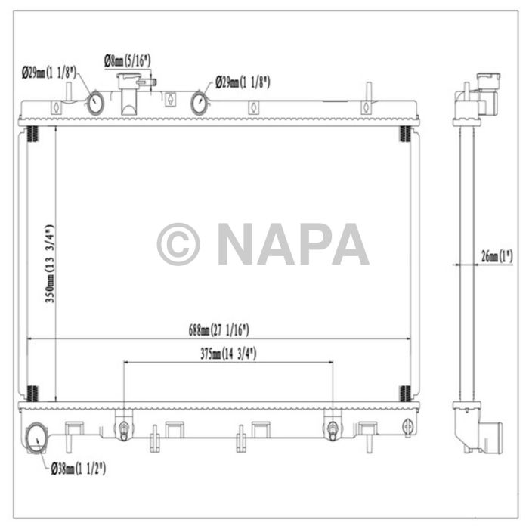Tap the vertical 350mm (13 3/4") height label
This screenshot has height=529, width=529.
tap(48, 264)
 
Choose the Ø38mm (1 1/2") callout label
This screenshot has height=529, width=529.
tap(79, 469)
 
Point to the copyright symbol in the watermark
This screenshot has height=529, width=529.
tap(178, 244)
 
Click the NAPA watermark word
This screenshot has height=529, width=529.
tap(293, 244)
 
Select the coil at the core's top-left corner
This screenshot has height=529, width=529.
tap(32, 135)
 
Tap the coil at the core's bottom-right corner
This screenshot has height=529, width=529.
tap(405, 393)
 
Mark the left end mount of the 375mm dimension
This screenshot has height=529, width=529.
tap(122, 428)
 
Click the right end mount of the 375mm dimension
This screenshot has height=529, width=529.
tap(333, 428)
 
